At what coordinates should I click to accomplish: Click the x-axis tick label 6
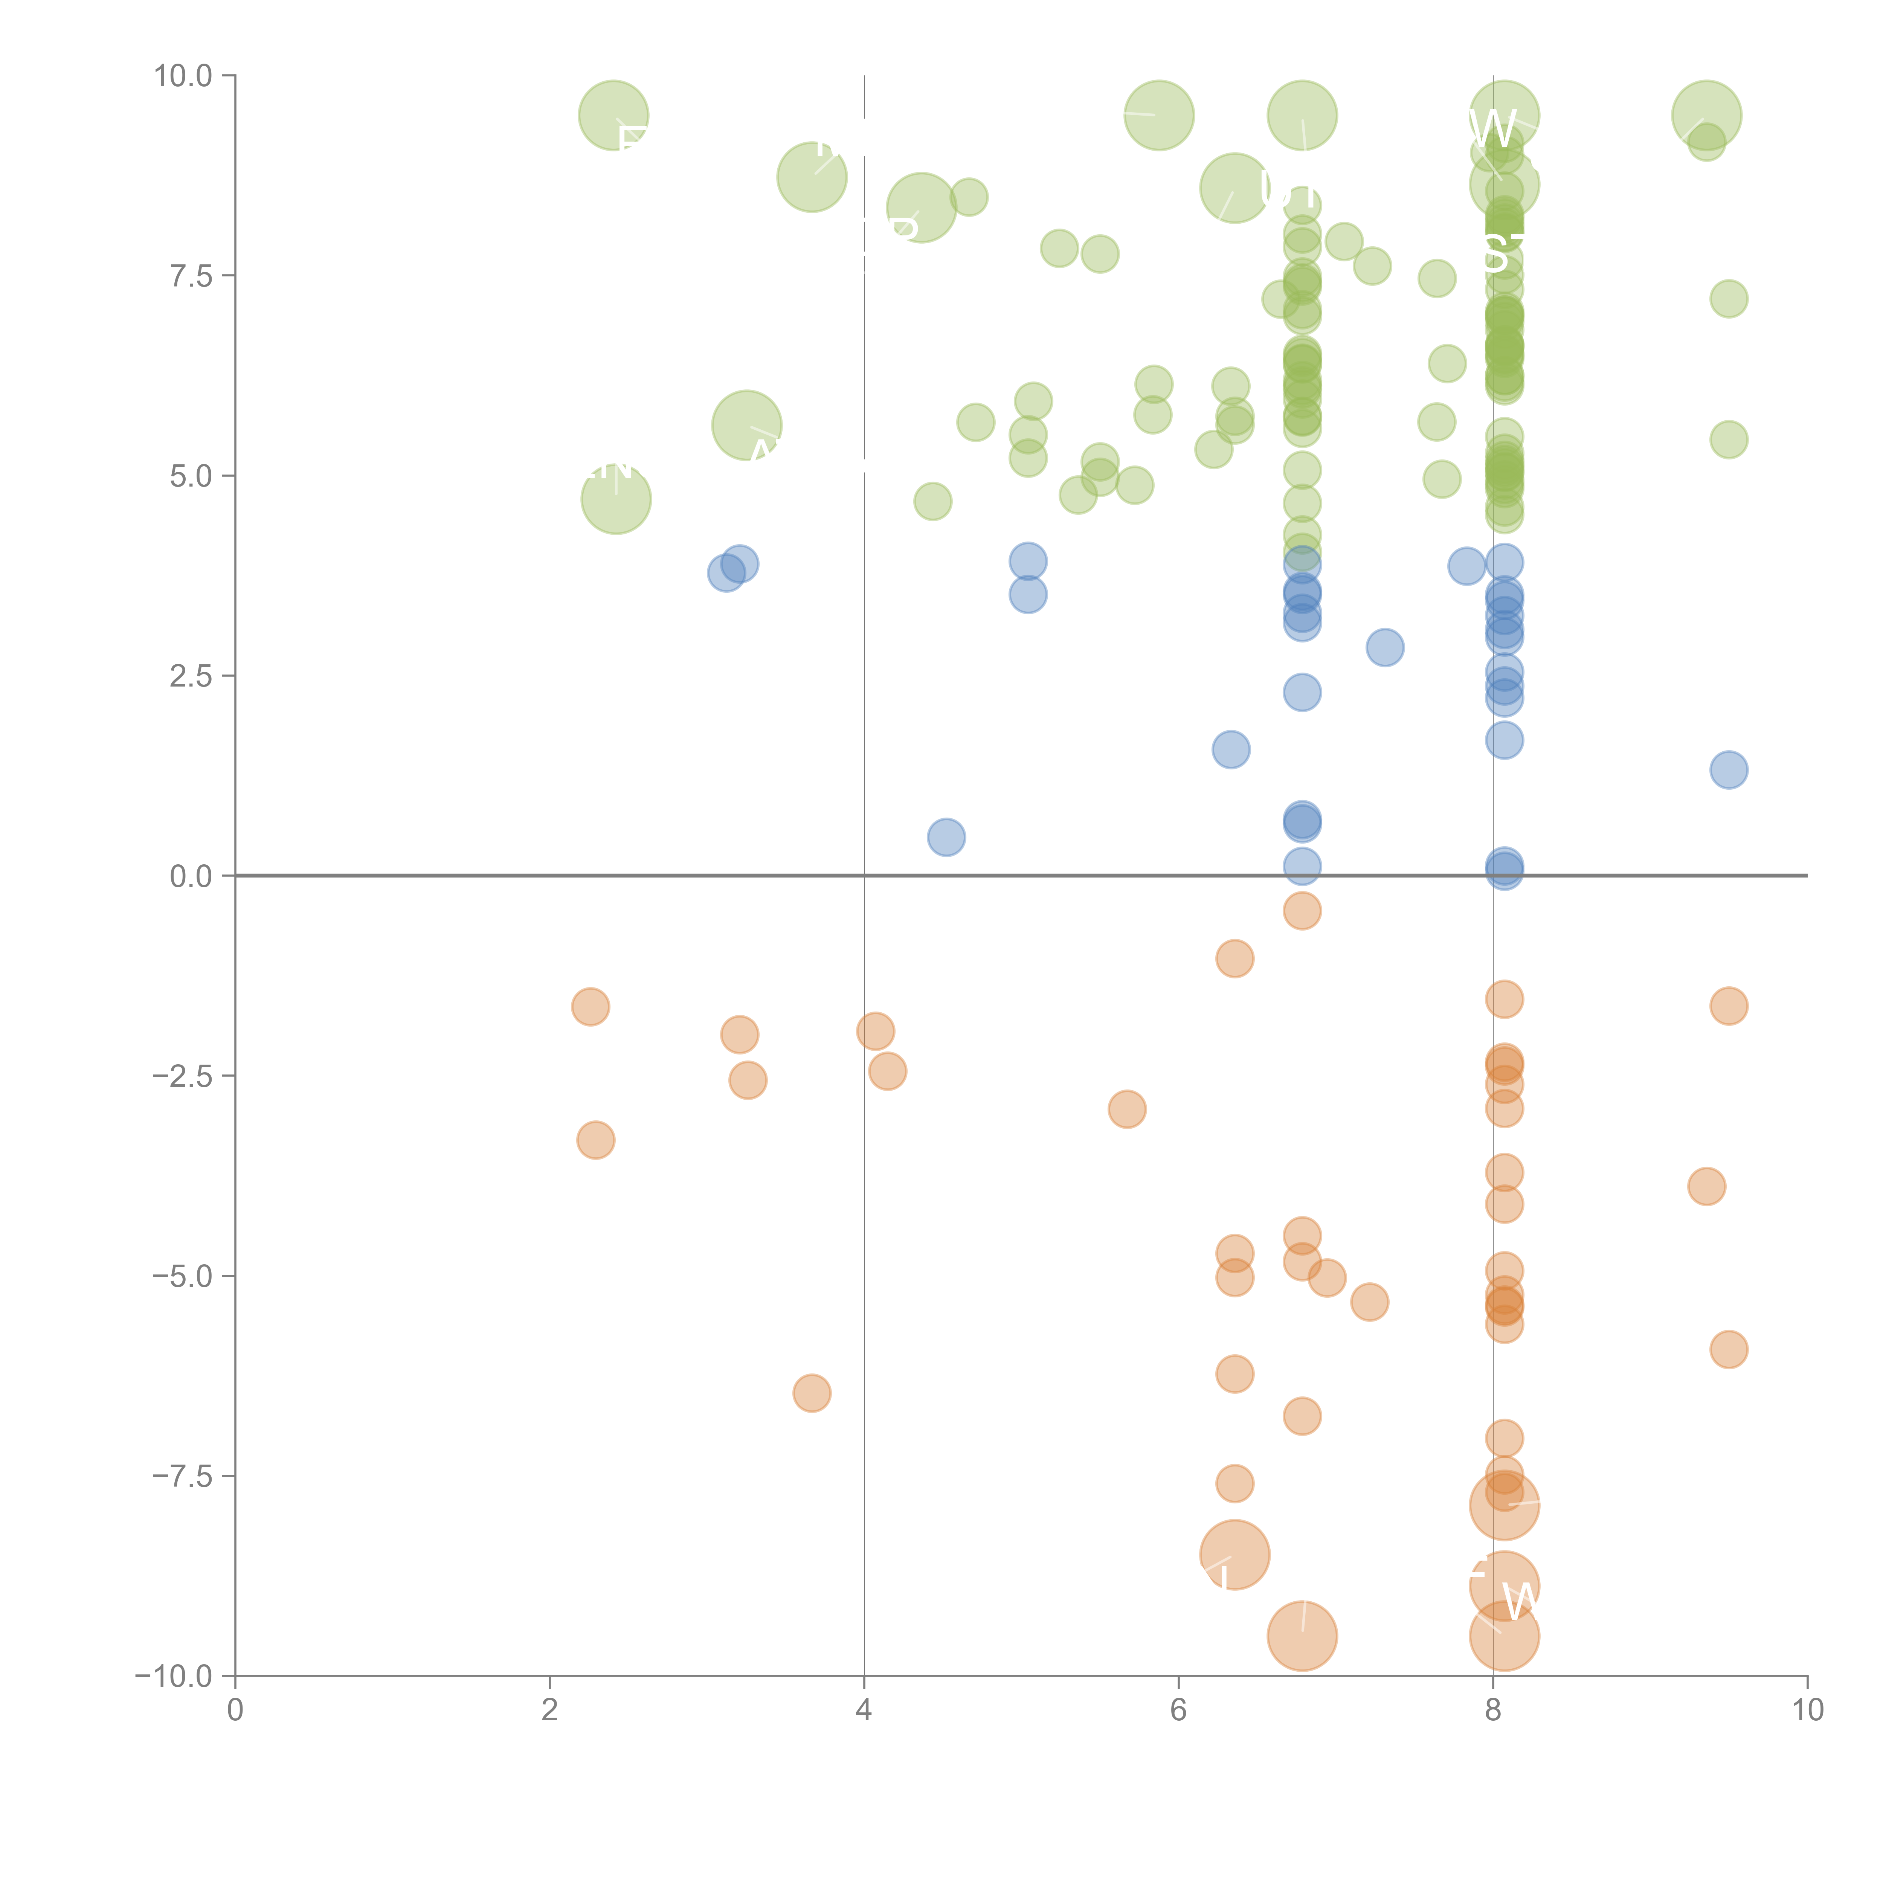tap(1178, 1711)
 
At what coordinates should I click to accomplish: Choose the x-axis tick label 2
tap(550, 1711)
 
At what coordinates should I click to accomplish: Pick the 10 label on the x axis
tap(1807, 1711)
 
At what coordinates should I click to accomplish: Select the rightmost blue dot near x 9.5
tap(1728, 770)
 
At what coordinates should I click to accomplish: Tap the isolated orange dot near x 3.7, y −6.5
tap(812, 1393)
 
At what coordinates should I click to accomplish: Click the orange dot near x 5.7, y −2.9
tap(1127, 1109)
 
